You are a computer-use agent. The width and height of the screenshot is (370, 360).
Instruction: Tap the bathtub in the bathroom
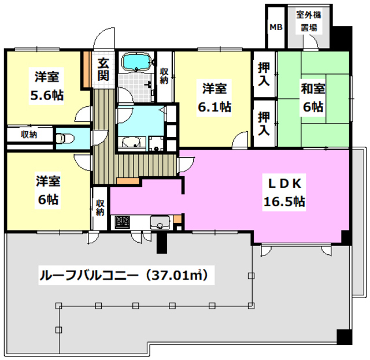click(137, 62)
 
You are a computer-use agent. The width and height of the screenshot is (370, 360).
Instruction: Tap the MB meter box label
click(275, 27)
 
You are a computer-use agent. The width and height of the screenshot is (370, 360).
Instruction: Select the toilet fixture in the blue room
click(65, 138)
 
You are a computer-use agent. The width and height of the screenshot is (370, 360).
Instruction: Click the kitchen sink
click(158, 223)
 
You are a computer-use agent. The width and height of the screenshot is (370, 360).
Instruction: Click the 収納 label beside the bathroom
click(164, 76)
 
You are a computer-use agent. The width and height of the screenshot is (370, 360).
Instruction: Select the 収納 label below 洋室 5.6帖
click(29, 135)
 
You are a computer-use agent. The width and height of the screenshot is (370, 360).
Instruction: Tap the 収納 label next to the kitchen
click(99, 208)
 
